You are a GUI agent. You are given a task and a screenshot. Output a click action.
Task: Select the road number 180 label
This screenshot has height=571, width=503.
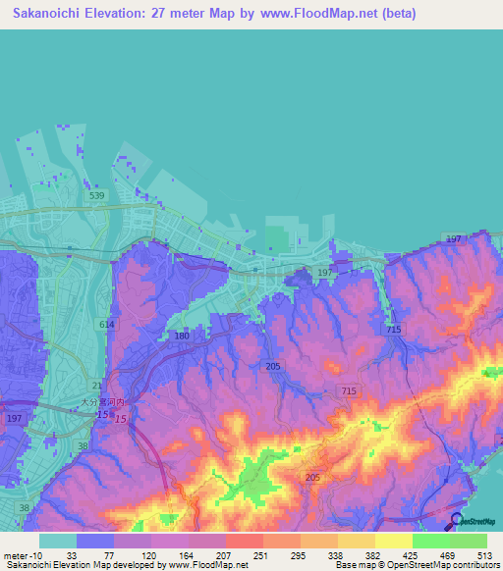182,337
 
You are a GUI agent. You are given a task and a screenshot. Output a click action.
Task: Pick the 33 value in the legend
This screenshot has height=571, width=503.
72,554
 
